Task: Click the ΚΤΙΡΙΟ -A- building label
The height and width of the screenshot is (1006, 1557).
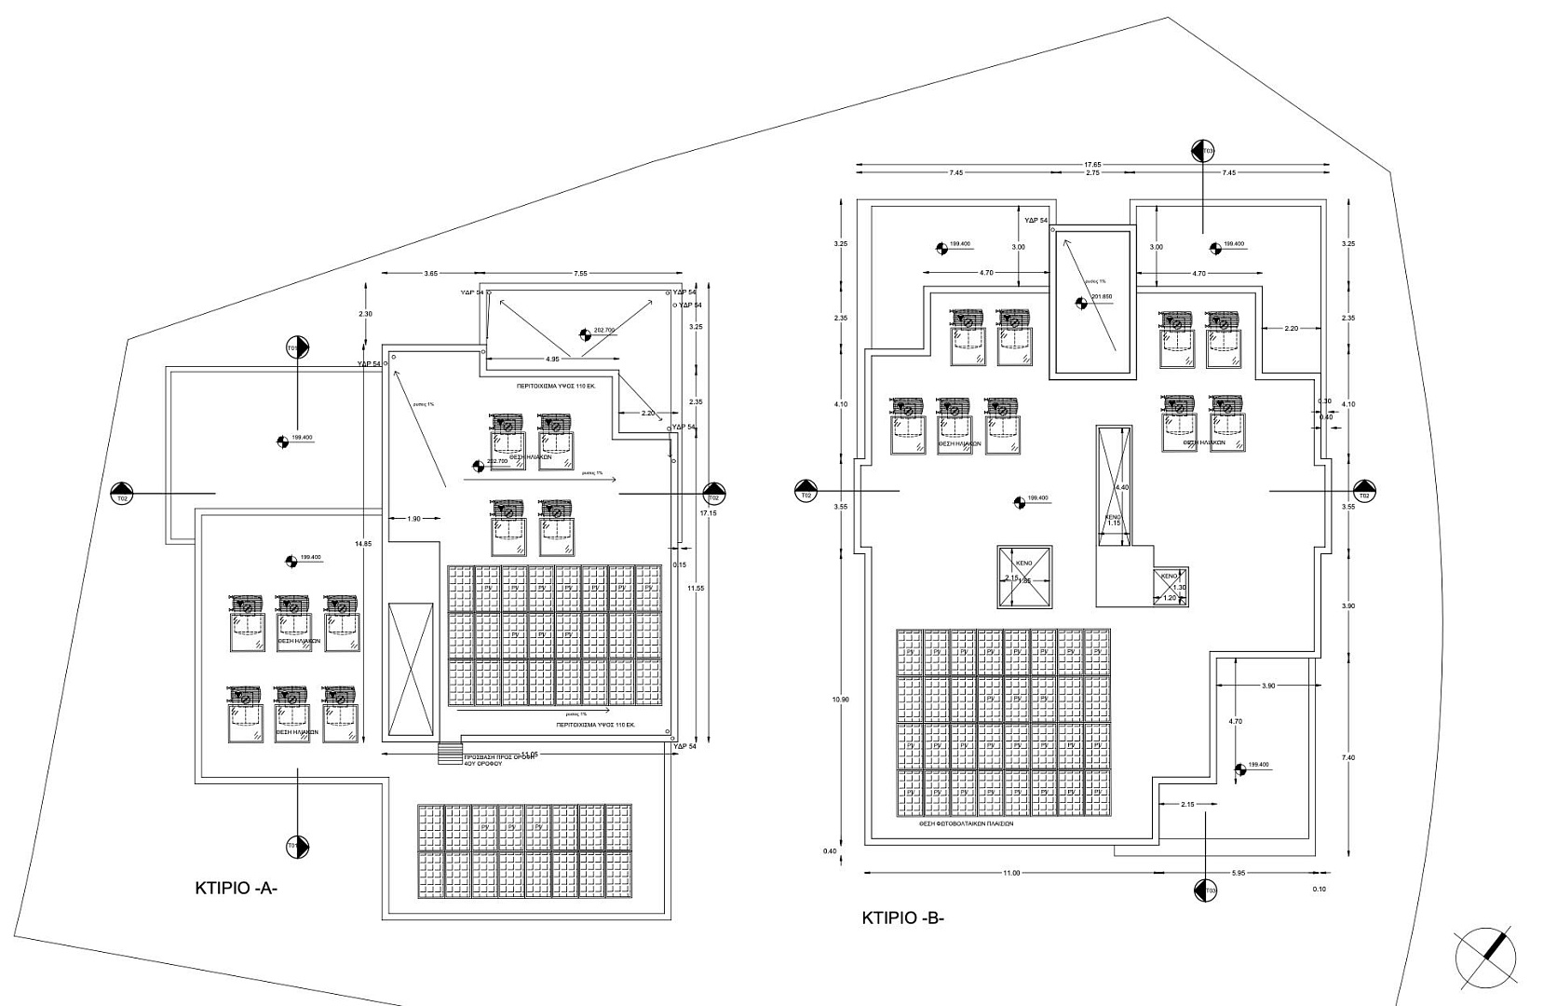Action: (237, 888)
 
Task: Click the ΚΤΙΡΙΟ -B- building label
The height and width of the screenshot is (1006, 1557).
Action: (902, 918)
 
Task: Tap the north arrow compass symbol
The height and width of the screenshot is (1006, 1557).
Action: (1486, 957)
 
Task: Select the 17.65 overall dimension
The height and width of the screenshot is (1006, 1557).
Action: (1092, 165)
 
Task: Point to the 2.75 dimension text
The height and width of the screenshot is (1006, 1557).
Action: (1093, 173)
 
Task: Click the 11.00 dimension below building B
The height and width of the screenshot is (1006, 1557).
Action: (1011, 873)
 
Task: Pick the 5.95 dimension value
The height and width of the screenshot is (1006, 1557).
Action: (1239, 873)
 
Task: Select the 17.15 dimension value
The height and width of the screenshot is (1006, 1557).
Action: (710, 513)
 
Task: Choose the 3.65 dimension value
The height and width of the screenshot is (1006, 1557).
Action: (430, 274)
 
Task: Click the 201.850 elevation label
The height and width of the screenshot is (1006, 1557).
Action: (1101, 297)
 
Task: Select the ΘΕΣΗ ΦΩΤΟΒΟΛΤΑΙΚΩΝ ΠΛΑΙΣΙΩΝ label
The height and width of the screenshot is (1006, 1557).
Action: (966, 823)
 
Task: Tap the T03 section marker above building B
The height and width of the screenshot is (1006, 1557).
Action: (1204, 151)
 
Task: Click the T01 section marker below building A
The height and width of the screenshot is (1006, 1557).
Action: (297, 847)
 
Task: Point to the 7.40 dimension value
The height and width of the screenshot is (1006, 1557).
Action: (1349, 757)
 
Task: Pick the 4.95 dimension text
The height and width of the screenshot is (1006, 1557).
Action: (553, 359)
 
